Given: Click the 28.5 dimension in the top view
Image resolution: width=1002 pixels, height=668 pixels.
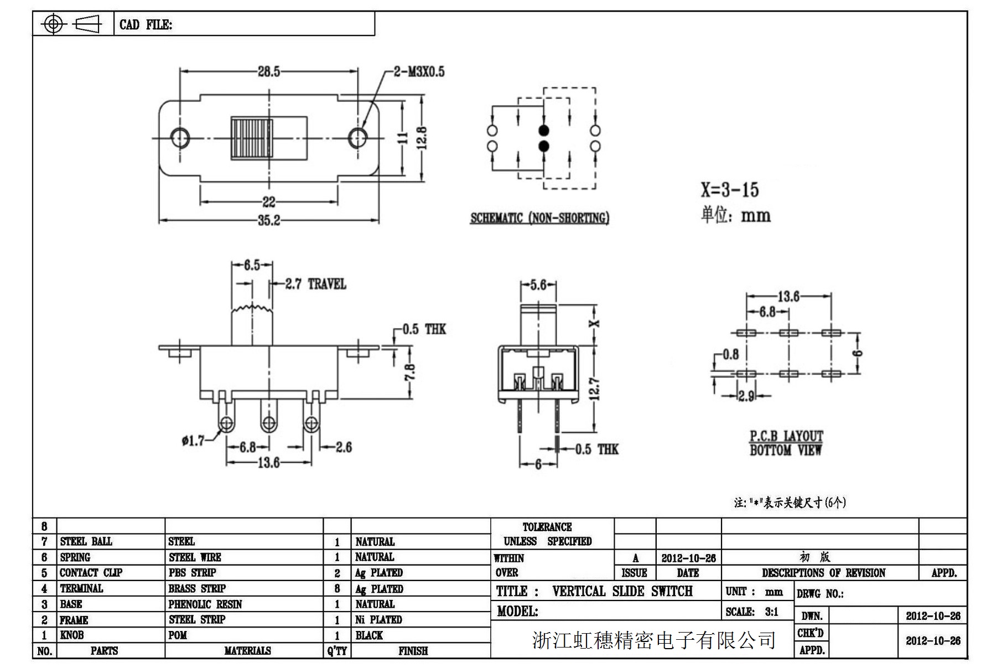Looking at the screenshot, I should [268, 71].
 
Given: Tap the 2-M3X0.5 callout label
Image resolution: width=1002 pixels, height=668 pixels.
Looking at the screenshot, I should [419, 71].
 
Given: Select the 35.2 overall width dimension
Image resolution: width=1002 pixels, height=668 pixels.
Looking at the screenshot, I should [269, 220].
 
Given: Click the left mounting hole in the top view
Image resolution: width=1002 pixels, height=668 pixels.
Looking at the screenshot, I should [179, 137].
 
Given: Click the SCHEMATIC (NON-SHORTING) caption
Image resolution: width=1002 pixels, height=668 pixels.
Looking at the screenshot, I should [539, 218].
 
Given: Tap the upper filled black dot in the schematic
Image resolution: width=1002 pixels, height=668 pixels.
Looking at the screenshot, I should [544, 131].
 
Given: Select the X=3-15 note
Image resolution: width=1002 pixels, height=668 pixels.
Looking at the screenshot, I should [730, 190].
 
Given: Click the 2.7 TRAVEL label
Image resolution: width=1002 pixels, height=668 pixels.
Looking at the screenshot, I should [315, 284].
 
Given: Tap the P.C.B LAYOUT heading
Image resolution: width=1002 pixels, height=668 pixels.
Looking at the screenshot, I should [786, 436].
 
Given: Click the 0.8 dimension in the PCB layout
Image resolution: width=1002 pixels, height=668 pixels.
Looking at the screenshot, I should [730, 354].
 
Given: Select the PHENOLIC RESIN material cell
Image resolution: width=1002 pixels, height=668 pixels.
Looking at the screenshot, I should [205, 604].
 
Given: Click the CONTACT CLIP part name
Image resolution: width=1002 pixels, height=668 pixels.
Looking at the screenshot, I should [91, 573].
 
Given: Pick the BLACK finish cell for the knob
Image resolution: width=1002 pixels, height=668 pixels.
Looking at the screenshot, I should [369, 635].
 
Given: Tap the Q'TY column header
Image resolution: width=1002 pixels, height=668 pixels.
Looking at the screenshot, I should [336, 651].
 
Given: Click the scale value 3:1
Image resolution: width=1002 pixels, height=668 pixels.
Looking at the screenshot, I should [771, 612].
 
